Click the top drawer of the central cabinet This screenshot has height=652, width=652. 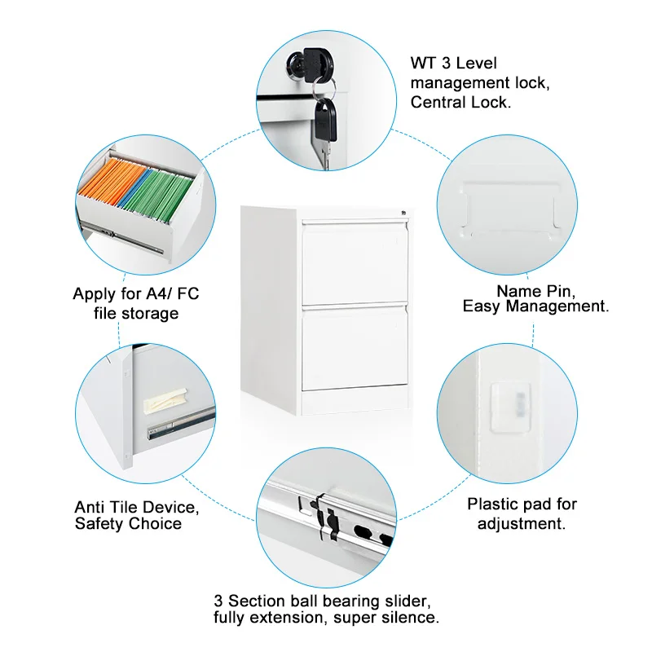point(355,261)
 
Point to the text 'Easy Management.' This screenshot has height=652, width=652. point(535,306)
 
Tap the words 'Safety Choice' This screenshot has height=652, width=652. point(128,523)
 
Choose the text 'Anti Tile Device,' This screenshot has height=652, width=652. point(136,507)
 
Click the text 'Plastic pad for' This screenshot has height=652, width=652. point(522,504)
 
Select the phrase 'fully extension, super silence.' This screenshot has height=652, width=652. point(327,618)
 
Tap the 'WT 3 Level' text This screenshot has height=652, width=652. point(453,64)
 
